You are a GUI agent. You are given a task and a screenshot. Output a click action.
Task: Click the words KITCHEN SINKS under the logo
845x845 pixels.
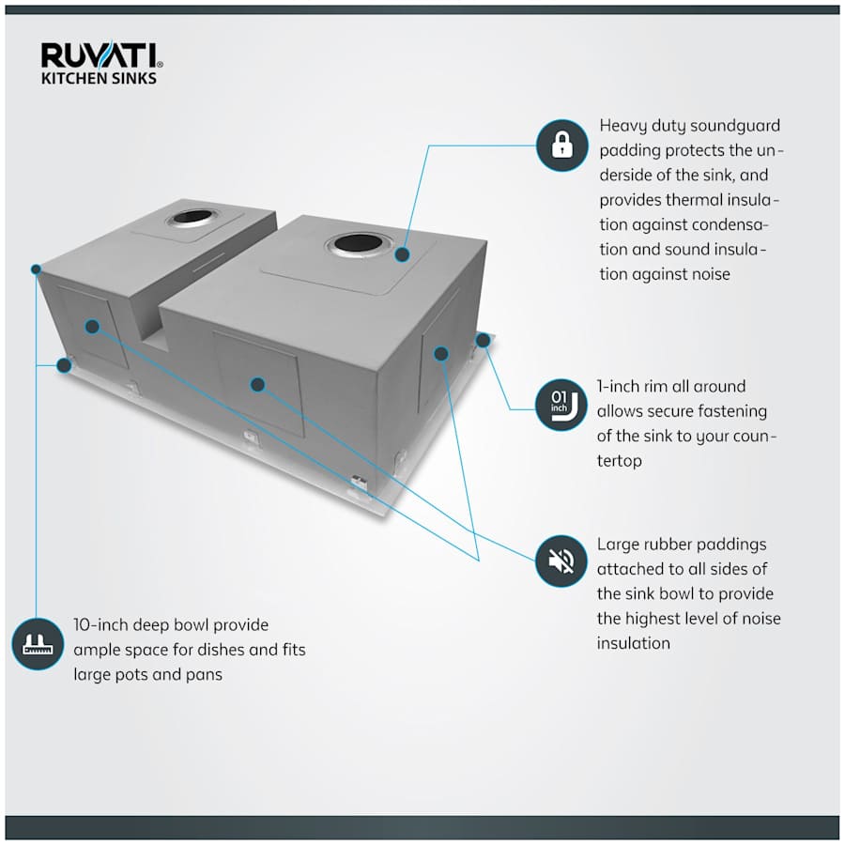[x=99, y=79]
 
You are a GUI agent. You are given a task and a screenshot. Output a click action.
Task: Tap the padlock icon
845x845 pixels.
[x=561, y=146]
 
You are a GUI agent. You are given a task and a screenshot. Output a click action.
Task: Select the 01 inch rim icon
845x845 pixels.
[x=561, y=406]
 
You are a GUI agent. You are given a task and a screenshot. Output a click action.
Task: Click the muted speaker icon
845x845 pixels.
[x=561, y=561]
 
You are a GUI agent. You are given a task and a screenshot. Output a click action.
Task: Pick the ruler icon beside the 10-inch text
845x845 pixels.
[x=36, y=644]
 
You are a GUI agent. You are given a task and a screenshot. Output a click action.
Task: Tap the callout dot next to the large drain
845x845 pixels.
[x=403, y=253]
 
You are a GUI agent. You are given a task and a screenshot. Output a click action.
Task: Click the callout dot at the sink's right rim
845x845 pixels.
[x=482, y=339]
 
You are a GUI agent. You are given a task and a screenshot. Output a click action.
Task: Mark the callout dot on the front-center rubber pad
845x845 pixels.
[x=257, y=383]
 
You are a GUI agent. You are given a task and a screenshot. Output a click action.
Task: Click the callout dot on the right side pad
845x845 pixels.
[x=440, y=353]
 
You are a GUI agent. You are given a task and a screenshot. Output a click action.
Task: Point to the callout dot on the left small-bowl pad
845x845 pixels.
[x=92, y=326]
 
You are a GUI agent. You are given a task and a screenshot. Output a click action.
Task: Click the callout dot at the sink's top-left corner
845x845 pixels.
[x=36, y=269]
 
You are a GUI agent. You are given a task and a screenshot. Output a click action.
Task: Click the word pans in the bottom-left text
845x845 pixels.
[x=203, y=674]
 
